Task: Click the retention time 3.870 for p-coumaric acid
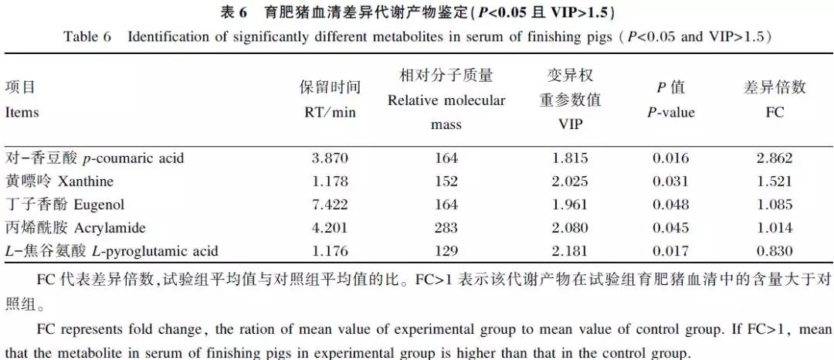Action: pyautogui.click(x=330, y=158)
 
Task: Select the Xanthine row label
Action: pyautogui.click(x=59, y=182)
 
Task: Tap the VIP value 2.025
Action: pyautogui.click(x=570, y=182)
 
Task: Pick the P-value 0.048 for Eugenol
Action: pyautogui.click(x=670, y=205)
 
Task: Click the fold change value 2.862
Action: pyautogui.click(x=775, y=158)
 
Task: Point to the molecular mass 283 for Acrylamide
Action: pyautogui.click(x=446, y=228)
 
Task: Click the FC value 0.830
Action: pyautogui.click(x=775, y=251)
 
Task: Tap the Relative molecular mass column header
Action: pyautogui.click(x=446, y=100)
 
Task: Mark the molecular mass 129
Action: pyautogui.click(x=446, y=251)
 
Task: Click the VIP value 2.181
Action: pyautogui.click(x=570, y=251)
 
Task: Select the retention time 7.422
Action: pyautogui.click(x=330, y=205)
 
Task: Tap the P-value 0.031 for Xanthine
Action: pyautogui.click(x=670, y=182)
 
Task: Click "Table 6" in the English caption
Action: pyautogui.click(x=87, y=37)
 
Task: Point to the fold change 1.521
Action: pyautogui.click(x=775, y=182)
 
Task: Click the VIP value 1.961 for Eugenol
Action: pyautogui.click(x=570, y=205)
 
